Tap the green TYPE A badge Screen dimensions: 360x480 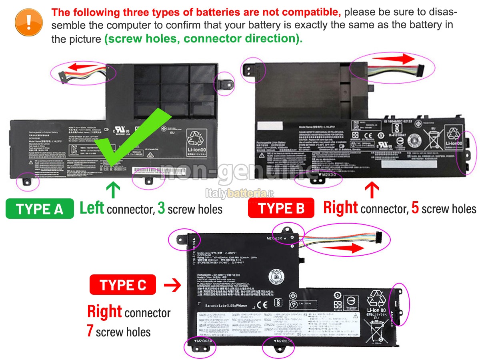pyautogui.click(x=40, y=209)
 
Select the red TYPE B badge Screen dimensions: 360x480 pyautogui.click(x=281, y=208)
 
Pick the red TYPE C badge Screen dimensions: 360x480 pyautogui.click(x=123, y=285)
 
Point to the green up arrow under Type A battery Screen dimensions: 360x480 pyautogui.click(x=114, y=190)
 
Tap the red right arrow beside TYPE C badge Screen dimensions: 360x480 pyautogui.click(x=172, y=286)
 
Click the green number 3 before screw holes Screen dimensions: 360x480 pyautogui.click(x=162, y=208)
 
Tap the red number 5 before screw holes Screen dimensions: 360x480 pyautogui.click(x=415, y=208)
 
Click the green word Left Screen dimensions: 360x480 pyautogui.click(x=92, y=208)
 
